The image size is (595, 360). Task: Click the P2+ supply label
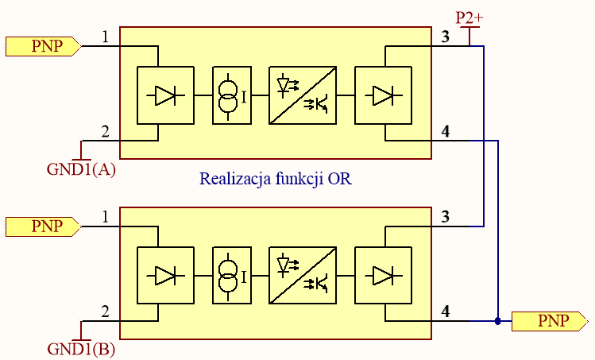pyautogui.click(x=469, y=17)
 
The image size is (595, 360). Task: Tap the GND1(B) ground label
pyautogui.click(x=81, y=348)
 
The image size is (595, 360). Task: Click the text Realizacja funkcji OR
pyautogui.click(x=275, y=180)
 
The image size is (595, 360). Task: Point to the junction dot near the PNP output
pyautogui.click(x=497, y=321)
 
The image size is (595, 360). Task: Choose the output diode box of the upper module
pyautogui.click(x=382, y=95)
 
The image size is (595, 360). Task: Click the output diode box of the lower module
pyautogui.click(x=382, y=276)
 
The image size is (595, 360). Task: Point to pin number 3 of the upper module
pyautogui.click(x=445, y=37)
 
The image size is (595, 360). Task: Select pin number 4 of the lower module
pyautogui.click(x=446, y=312)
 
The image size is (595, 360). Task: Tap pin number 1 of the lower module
pyautogui.click(x=106, y=217)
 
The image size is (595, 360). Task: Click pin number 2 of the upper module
pyautogui.click(x=106, y=131)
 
